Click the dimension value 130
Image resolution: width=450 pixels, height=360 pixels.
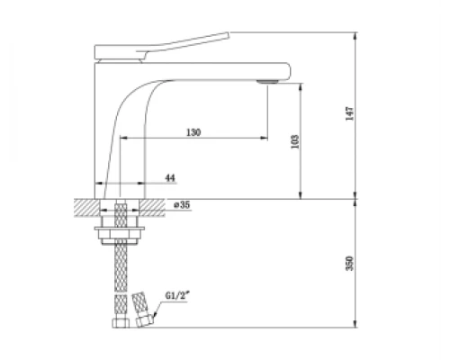point(193,132)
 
